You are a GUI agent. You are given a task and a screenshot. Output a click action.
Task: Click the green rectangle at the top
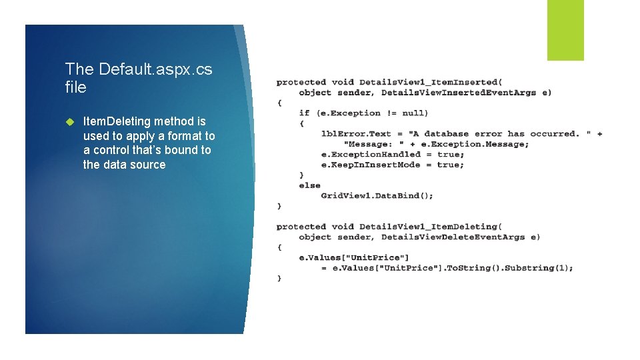[x=565, y=30]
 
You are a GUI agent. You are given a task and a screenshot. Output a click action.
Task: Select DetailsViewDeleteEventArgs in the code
[x=453, y=237]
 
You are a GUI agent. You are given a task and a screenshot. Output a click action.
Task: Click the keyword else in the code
[x=310, y=185]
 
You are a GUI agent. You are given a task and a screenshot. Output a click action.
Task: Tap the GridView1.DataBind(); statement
[x=377, y=195]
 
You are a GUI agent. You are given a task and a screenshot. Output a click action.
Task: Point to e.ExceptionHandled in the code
[x=371, y=155]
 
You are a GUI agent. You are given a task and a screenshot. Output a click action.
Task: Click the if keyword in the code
[x=304, y=113]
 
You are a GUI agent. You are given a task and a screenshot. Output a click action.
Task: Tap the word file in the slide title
[x=76, y=87]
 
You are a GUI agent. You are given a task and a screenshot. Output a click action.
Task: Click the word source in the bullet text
[x=147, y=165]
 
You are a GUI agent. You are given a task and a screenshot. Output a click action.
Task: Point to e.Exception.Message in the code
[x=475, y=144]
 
